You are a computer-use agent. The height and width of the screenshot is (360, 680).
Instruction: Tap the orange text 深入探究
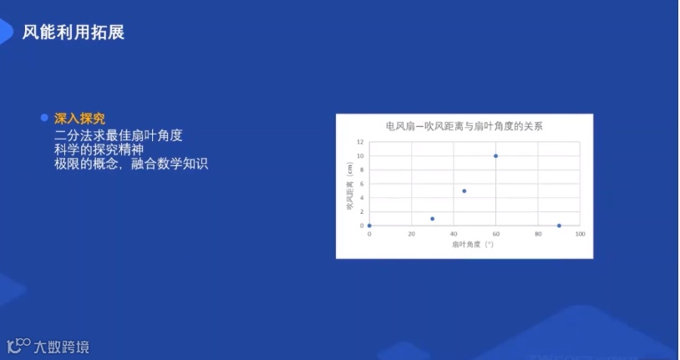79,119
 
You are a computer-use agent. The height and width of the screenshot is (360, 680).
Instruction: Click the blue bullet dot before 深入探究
44,118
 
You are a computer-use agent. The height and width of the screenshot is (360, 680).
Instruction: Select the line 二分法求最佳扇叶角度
118,134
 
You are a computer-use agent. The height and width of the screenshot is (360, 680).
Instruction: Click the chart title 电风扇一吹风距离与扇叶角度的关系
464,127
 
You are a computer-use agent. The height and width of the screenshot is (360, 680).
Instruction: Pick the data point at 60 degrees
495,156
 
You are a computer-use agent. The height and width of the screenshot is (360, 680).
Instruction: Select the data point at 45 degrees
464,191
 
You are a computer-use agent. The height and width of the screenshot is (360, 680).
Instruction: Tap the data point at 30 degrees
432,219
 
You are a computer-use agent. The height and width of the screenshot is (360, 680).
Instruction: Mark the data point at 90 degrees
559,226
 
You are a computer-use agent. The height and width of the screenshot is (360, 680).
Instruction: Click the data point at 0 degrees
369,226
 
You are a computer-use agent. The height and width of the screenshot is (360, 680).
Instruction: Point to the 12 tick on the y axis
360,142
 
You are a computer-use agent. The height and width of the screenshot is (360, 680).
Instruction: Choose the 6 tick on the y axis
361,184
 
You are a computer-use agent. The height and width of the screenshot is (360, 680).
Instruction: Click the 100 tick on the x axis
579,234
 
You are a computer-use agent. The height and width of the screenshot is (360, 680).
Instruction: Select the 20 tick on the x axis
411,234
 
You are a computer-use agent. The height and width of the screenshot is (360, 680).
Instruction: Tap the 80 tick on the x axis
537,234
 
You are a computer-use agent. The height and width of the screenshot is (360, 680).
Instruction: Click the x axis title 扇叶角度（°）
473,245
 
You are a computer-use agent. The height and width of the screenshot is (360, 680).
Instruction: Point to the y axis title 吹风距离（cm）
350,185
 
